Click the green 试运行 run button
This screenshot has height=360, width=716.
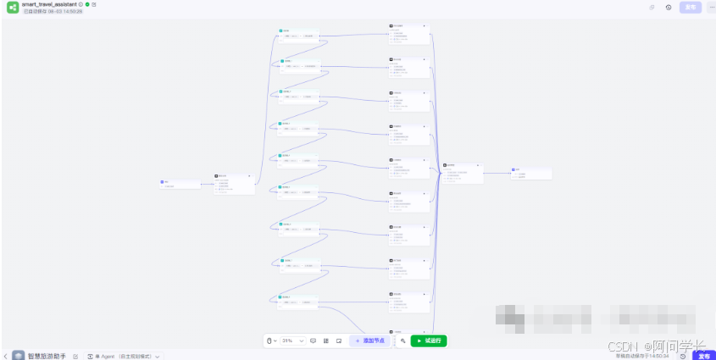point(429,341)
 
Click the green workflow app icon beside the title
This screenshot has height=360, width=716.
point(13,8)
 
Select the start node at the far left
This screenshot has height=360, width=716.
point(180,183)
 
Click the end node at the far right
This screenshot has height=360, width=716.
point(531,173)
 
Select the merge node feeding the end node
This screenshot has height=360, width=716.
point(463,173)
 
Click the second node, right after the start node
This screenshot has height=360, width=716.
point(235,184)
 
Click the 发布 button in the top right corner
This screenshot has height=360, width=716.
point(691,8)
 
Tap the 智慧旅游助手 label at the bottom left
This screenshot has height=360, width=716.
point(47,356)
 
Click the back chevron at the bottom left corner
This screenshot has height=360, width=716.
point(4,356)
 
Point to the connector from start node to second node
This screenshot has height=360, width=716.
point(208,181)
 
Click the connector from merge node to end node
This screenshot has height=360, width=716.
point(497,173)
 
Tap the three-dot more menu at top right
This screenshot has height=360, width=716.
point(710,8)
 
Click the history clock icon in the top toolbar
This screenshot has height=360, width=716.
point(669,8)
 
